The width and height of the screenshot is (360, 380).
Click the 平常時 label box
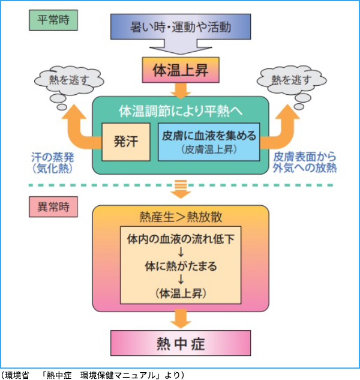click(53, 19)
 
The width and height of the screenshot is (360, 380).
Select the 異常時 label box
click(53, 208)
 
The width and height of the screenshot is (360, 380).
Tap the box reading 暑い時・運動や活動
click(180, 27)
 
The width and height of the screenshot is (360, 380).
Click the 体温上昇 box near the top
click(180, 70)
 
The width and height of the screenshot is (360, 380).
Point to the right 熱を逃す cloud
click(291, 79)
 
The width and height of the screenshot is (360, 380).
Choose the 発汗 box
click(126, 142)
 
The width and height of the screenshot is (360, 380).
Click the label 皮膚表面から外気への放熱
click(305, 162)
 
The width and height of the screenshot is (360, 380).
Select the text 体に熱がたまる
click(180, 265)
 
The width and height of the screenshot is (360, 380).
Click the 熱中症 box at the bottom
click(180, 343)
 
